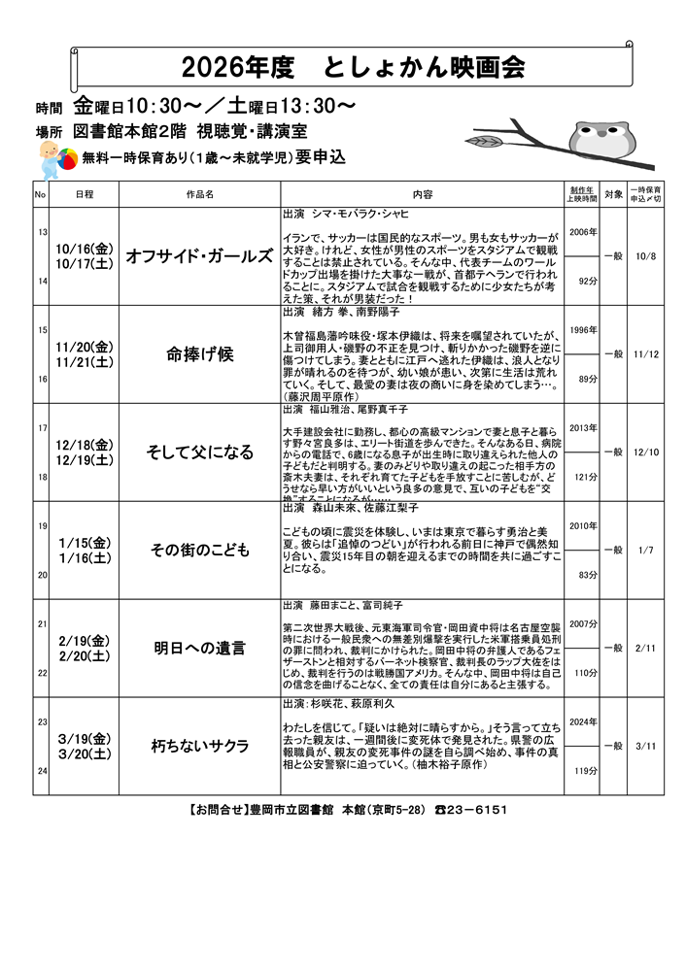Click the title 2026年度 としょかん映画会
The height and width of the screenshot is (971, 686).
pyautogui.click(x=353, y=67)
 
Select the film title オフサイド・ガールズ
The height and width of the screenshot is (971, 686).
pyautogui.click(x=199, y=256)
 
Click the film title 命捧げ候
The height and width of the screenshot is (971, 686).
pyautogui.click(x=199, y=354)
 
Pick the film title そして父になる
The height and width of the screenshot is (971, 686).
pyautogui.click(x=199, y=452)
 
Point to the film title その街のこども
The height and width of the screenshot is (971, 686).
pyautogui.click(x=199, y=550)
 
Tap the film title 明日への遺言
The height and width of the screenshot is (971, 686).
pyautogui.click(x=199, y=648)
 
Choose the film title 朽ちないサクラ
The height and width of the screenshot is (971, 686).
pyautogui.click(x=199, y=746)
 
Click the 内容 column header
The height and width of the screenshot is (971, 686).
pyautogui.click(x=422, y=194)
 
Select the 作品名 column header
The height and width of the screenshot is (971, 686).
pyautogui.click(x=199, y=194)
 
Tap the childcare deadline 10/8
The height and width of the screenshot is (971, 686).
pyautogui.click(x=646, y=256)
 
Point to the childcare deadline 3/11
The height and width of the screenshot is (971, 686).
pyautogui.click(x=646, y=746)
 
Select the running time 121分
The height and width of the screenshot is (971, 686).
pyautogui.click(x=584, y=477)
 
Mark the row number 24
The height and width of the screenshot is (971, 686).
pyautogui.click(x=42, y=771)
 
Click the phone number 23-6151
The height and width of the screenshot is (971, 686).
pyautogui.click(x=477, y=809)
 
